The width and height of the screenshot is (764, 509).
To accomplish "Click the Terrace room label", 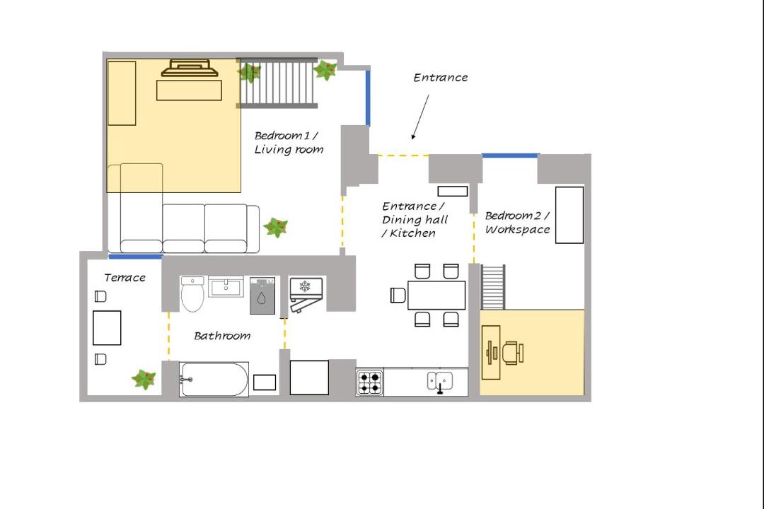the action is (125, 278).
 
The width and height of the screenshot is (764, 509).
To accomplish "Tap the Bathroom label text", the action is (222, 336).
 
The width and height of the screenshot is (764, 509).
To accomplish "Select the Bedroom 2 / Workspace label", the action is (517, 223).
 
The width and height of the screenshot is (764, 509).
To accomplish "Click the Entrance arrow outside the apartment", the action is (420, 117).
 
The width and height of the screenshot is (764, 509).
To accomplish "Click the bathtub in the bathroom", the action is (214, 380).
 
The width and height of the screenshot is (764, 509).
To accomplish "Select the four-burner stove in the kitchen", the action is (369, 382).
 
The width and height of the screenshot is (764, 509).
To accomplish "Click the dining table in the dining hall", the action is (436, 296).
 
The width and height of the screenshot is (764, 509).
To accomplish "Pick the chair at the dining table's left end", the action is (398, 296).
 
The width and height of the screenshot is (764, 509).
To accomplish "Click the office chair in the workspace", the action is (514, 353).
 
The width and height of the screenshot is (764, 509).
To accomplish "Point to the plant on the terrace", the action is (144, 380).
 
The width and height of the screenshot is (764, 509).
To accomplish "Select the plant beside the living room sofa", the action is (276, 227).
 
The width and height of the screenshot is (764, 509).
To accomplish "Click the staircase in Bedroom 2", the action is (493, 287).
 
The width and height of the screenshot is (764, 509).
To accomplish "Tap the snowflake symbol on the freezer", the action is (305, 286).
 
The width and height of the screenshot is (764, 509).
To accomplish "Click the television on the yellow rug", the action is (190, 68).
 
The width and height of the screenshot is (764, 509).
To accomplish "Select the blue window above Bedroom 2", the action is (510, 156).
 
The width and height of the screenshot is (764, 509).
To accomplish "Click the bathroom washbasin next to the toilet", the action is (226, 286).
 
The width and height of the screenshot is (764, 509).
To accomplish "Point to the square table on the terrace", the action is (107, 328).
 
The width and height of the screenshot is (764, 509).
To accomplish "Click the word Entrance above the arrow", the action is (441, 78).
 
